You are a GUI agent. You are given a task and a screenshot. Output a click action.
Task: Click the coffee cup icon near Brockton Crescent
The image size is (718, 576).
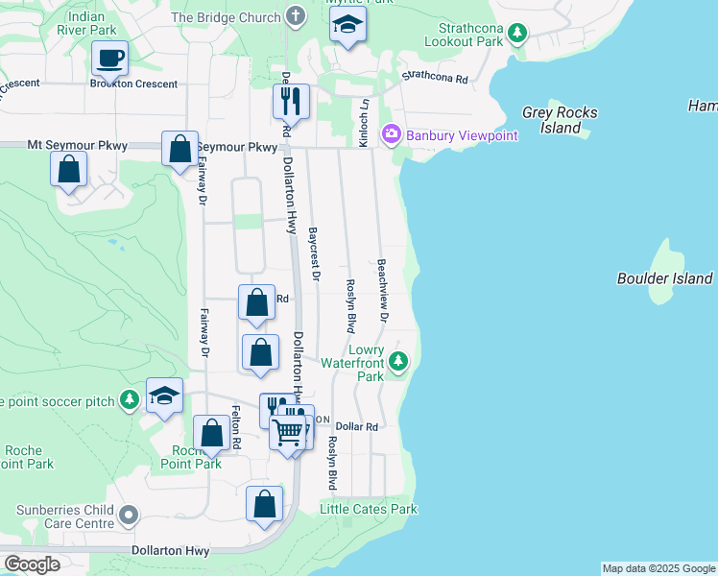click(x=110, y=58)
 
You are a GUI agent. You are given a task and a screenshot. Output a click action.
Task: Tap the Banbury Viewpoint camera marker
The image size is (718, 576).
click(x=391, y=135)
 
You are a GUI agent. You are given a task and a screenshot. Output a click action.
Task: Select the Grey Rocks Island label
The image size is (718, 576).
click(x=560, y=120)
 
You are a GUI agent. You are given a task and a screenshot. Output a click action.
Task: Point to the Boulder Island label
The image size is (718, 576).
click(x=664, y=278)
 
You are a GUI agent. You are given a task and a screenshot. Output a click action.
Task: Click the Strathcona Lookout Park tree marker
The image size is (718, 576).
click(x=517, y=34)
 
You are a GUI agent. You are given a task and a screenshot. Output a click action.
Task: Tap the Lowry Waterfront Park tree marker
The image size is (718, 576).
click(x=398, y=362)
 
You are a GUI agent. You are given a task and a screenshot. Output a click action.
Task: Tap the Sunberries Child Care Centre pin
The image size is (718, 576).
click(x=129, y=517)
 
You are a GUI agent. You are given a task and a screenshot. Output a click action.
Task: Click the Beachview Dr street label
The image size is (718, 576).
click(x=382, y=289)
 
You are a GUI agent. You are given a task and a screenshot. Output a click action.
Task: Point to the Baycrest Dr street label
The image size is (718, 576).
click(x=313, y=254)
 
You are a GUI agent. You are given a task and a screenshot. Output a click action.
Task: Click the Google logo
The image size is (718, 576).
click(x=32, y=564)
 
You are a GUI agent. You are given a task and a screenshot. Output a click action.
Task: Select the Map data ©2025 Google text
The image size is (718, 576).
click(x=658, y=568)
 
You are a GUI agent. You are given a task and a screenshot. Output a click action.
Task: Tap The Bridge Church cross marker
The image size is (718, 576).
click(x=295, y=16)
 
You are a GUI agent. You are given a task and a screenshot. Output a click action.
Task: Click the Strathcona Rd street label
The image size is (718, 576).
click(x=434, y=76)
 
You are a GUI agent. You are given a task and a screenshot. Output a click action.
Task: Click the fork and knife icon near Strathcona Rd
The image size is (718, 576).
click(x=289, y=100)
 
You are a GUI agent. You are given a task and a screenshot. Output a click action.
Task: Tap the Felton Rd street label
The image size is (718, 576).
click(x=235, y=429)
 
